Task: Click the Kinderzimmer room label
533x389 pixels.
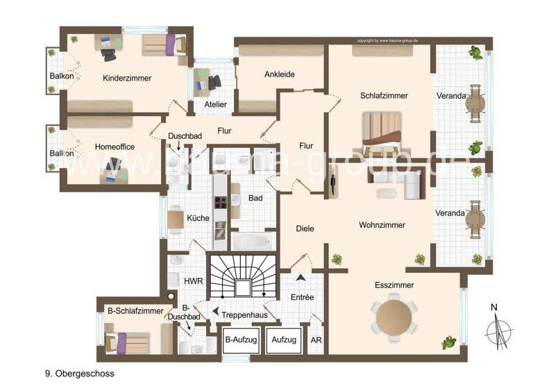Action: click(126, 78)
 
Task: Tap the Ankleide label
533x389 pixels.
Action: click(280, 74)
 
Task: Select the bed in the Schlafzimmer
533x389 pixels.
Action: click(382, 133)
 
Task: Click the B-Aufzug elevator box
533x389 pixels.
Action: click(241, 340)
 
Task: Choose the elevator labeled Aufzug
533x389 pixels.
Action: click(284, 340)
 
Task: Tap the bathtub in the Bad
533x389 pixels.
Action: click(252, 242)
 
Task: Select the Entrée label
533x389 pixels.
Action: click(303, 297)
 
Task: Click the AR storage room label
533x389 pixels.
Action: click(316, 340)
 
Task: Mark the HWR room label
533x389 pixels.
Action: click(192, 281)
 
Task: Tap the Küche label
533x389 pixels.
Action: click(198, 218)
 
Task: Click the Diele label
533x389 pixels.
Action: click(305, 228)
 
